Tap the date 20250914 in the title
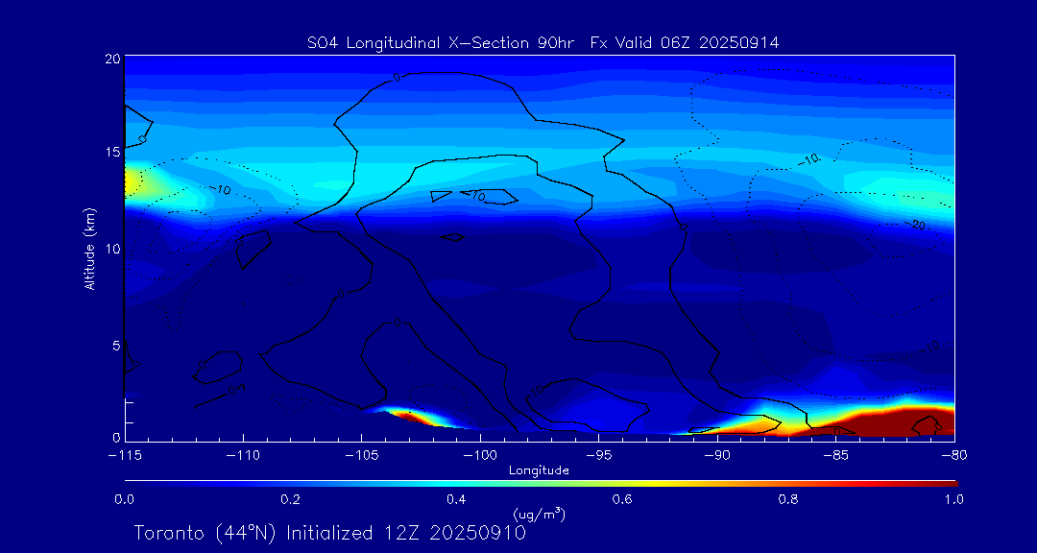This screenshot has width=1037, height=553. click(741, 42)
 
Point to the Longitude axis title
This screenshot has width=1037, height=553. click(539, 470)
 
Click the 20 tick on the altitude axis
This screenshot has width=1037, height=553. click(112, 59)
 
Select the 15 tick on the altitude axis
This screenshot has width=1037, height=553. click(112, 153)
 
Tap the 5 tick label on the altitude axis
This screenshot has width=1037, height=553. click(115, 344)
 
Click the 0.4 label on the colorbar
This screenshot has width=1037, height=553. click(456, 499)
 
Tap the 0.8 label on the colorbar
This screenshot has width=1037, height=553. click(788, 499)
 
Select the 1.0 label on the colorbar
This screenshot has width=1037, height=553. click(953, 499)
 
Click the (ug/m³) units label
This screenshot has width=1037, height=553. click(540, 515)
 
